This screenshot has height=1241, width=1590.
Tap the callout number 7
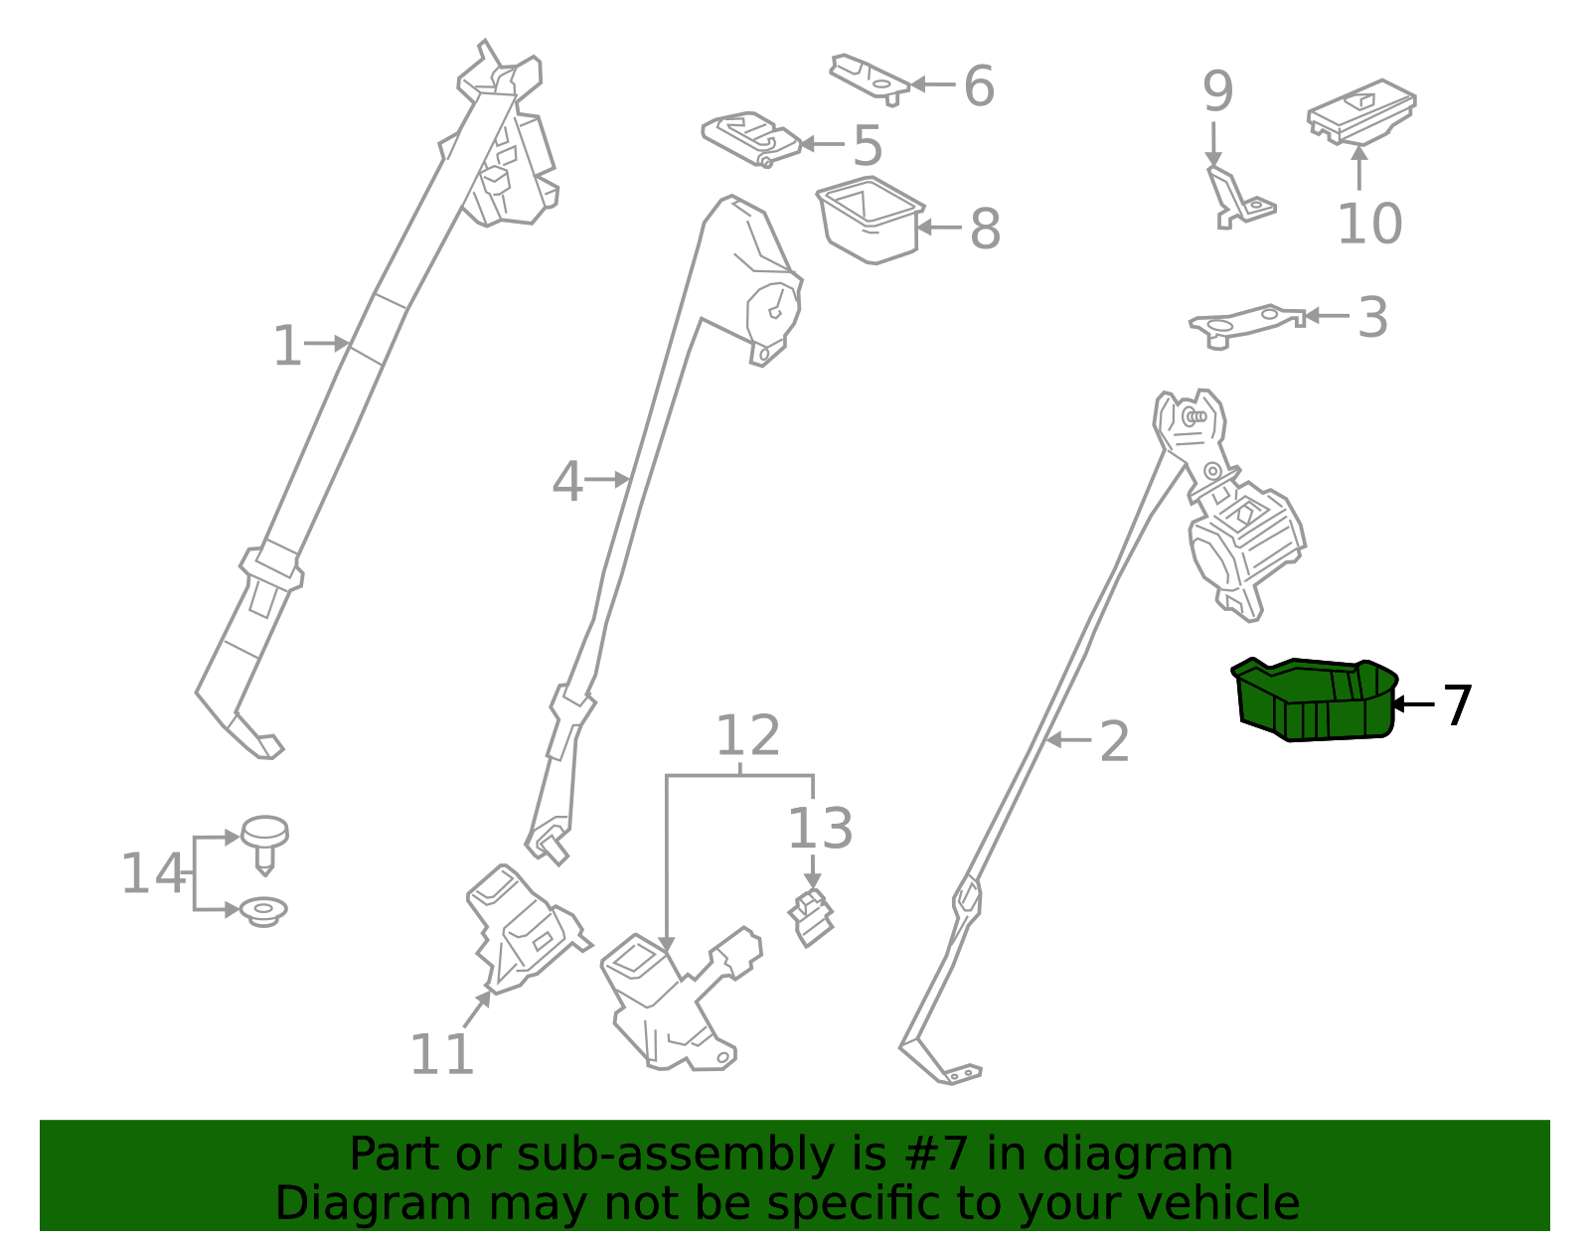1456,705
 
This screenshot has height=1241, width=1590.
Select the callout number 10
1369,225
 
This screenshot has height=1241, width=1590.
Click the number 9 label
1217,92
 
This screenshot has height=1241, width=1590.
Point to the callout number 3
1372,318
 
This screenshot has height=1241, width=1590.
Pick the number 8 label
984,230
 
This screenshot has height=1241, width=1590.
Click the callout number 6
979,86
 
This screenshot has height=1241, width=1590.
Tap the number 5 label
868,147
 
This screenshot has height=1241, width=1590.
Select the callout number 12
747,737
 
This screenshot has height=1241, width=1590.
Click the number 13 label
820,830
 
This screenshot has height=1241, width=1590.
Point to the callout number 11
441,1055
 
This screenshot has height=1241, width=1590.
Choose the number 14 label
153,875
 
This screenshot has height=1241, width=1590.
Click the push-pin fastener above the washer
264,841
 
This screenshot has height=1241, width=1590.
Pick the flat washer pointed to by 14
263,911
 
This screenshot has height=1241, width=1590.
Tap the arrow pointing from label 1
328,344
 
